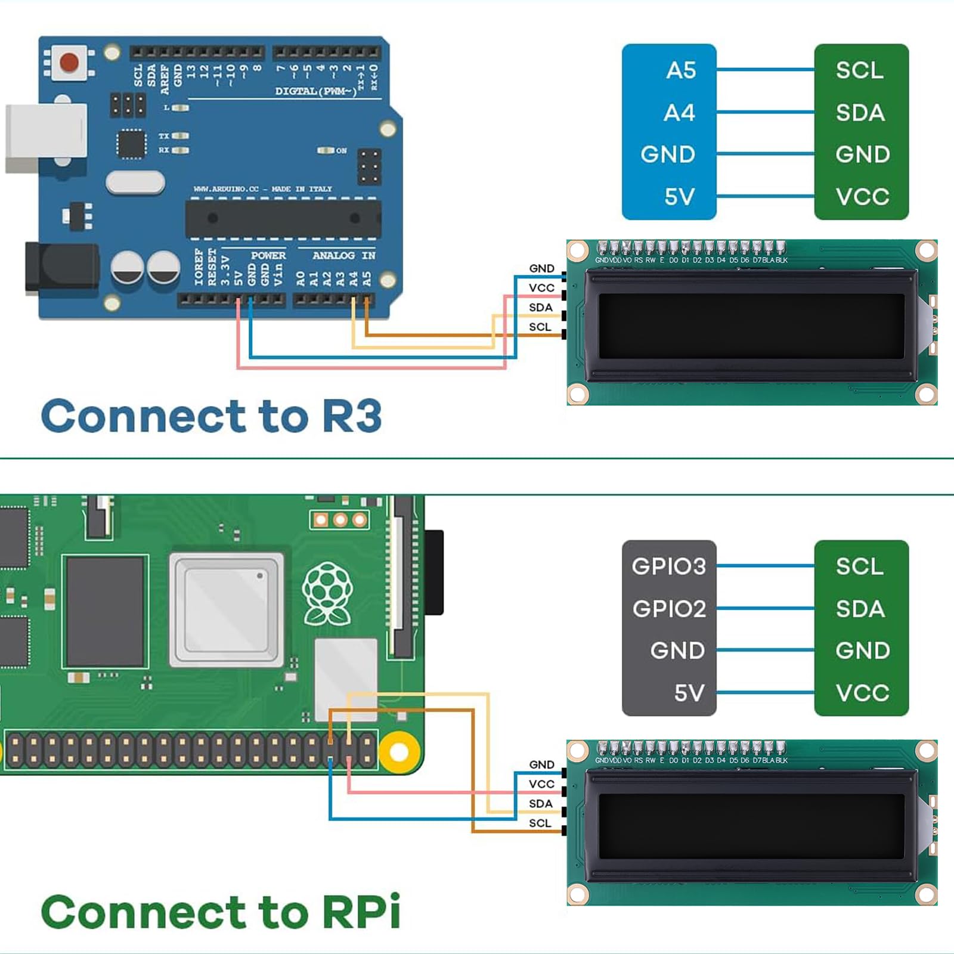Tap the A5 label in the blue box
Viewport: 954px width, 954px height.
coord(681,70)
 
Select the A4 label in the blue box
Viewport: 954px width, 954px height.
coord(680,113)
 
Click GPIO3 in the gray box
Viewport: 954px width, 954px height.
coord(668,566)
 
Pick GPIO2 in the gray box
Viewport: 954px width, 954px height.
coord(669,609)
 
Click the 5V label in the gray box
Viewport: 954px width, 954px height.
coord(689,693)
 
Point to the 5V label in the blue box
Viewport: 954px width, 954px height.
coord(680,197)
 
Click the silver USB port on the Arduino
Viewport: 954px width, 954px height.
coord(46,138)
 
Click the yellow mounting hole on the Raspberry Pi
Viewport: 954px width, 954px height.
coord(398,752)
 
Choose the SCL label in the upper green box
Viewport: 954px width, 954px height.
coord(859,70)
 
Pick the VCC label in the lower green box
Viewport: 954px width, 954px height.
coord(862,693)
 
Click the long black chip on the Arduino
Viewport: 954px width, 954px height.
coord(283,219)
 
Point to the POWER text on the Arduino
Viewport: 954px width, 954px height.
coord(268,256)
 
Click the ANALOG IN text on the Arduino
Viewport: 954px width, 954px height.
coord(343,256)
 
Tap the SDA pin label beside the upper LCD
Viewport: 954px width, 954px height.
coord(540,308)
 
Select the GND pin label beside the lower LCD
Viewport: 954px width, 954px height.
coord(541,765)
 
